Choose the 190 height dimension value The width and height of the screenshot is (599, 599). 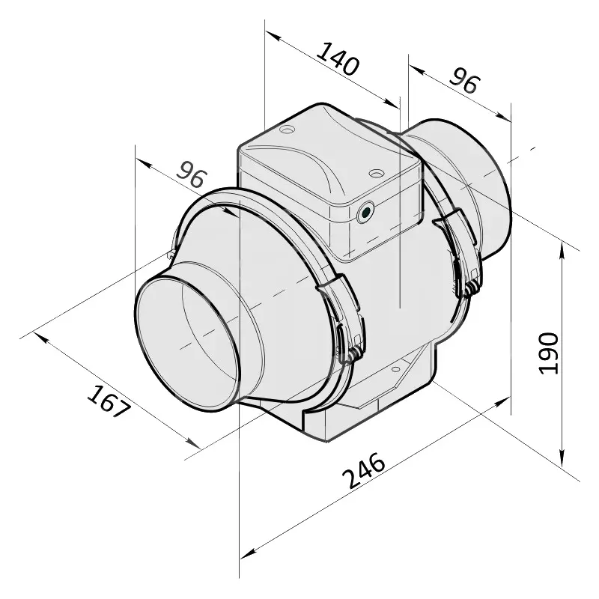tap(549, 352)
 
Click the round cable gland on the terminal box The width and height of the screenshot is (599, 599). tap(365, 213)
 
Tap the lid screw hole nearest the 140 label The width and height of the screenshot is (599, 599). tap(285, 131)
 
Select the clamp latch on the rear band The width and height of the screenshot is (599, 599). tap(465, 255)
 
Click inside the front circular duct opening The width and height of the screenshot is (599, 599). tap(187, 344)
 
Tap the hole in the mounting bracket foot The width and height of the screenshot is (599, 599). tap(394, 369)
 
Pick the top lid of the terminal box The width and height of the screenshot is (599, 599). tap(322, 161)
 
